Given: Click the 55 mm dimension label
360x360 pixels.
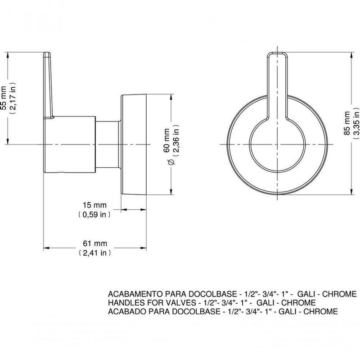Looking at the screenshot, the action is (4, 98).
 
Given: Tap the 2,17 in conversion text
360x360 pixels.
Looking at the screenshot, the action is (13, 98).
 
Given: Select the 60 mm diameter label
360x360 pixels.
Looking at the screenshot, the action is (166, 140).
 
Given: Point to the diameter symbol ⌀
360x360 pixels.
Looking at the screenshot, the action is (171, 162).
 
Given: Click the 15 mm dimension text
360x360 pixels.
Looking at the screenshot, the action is (94, 205).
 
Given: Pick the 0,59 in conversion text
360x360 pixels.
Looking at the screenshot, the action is (94, 215).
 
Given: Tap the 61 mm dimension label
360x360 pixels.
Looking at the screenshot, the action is (95, 243).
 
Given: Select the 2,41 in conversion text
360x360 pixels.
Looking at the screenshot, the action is (95, 253).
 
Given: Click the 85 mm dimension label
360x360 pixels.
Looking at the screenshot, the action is (347, 123).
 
